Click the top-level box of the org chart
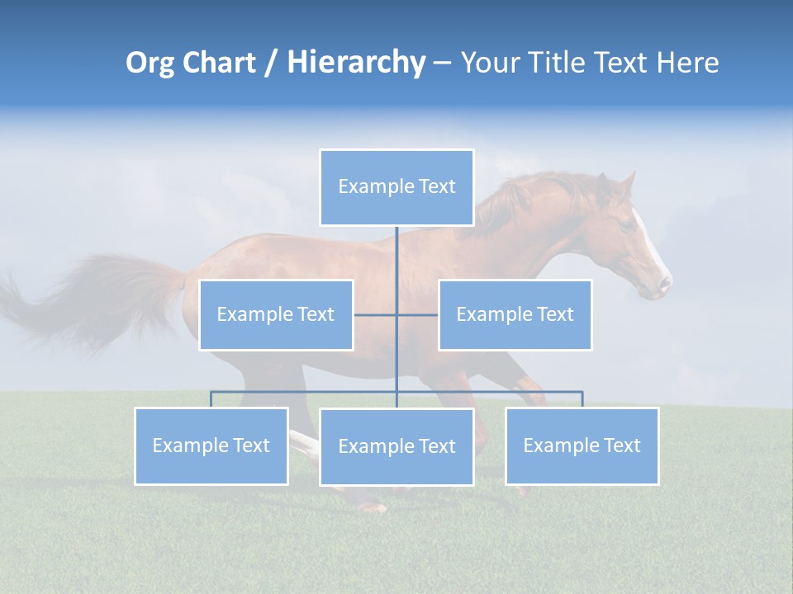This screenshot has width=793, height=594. click(396, 187)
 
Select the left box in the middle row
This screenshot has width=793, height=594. click(276, 314)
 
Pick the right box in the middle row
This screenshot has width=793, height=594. click(515, 314)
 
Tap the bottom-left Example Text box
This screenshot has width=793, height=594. click(211, 445)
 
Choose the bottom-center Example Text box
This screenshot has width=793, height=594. click(396, 446)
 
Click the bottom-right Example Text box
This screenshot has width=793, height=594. click(582, 445)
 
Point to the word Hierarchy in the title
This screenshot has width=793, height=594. click(356, 63)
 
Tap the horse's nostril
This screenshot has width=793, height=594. click(663, 285)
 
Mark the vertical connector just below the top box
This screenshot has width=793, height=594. click(396, 247)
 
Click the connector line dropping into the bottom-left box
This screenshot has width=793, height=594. click(211, 399)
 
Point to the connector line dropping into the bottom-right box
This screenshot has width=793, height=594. click(582, 399)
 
